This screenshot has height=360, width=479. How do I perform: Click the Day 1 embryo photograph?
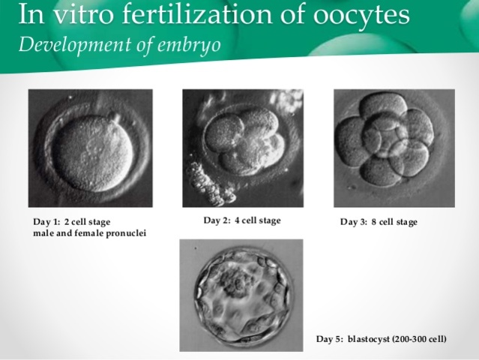(90, 148)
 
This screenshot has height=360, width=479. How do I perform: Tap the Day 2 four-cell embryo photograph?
(242, 148)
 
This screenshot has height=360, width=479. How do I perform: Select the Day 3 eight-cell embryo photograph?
(394, 148)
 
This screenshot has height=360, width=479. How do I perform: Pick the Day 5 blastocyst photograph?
(241, 295)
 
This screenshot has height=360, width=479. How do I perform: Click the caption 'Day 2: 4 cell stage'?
(242, 220)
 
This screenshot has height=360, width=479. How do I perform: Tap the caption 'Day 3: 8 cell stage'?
(379, 222)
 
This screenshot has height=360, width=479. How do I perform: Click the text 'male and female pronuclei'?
(90, 233)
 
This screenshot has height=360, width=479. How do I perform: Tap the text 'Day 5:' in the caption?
(330, 340)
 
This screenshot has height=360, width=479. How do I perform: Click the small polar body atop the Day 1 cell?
(112, 118)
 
